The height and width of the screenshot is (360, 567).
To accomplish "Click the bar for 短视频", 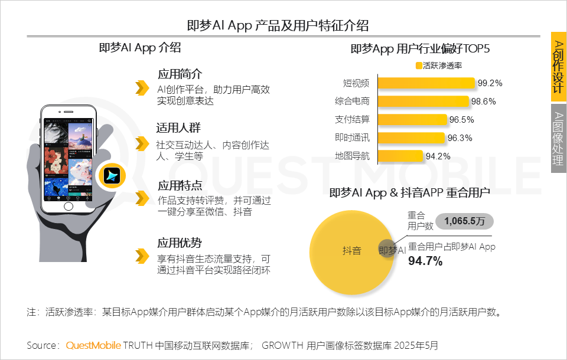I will pos(425,83).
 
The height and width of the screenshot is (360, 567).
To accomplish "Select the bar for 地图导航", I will pos(399,156).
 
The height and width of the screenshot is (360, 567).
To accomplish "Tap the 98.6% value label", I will pos(484,102).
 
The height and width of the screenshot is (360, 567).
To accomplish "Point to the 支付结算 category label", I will pos(352,120).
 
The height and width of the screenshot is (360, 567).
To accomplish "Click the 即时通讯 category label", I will pos(352,138).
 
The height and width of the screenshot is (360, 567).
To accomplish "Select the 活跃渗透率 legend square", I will pos(419,66).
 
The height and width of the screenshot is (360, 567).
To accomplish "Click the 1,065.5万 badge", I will pos(464,221).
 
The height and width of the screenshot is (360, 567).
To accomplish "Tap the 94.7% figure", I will pos(425,261).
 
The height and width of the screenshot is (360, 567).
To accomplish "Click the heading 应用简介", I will pos(180,74).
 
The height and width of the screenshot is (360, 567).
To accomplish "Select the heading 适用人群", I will pos(179,128).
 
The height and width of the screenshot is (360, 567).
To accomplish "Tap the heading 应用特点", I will pos(180,185).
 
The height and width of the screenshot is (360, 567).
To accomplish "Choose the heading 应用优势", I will pos(180,243).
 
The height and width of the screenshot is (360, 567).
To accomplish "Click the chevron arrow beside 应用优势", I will pos(141,256).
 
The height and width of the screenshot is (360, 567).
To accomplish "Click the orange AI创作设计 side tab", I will pos(558,66).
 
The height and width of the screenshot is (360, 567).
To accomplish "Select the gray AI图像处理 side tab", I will pos(558,139).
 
